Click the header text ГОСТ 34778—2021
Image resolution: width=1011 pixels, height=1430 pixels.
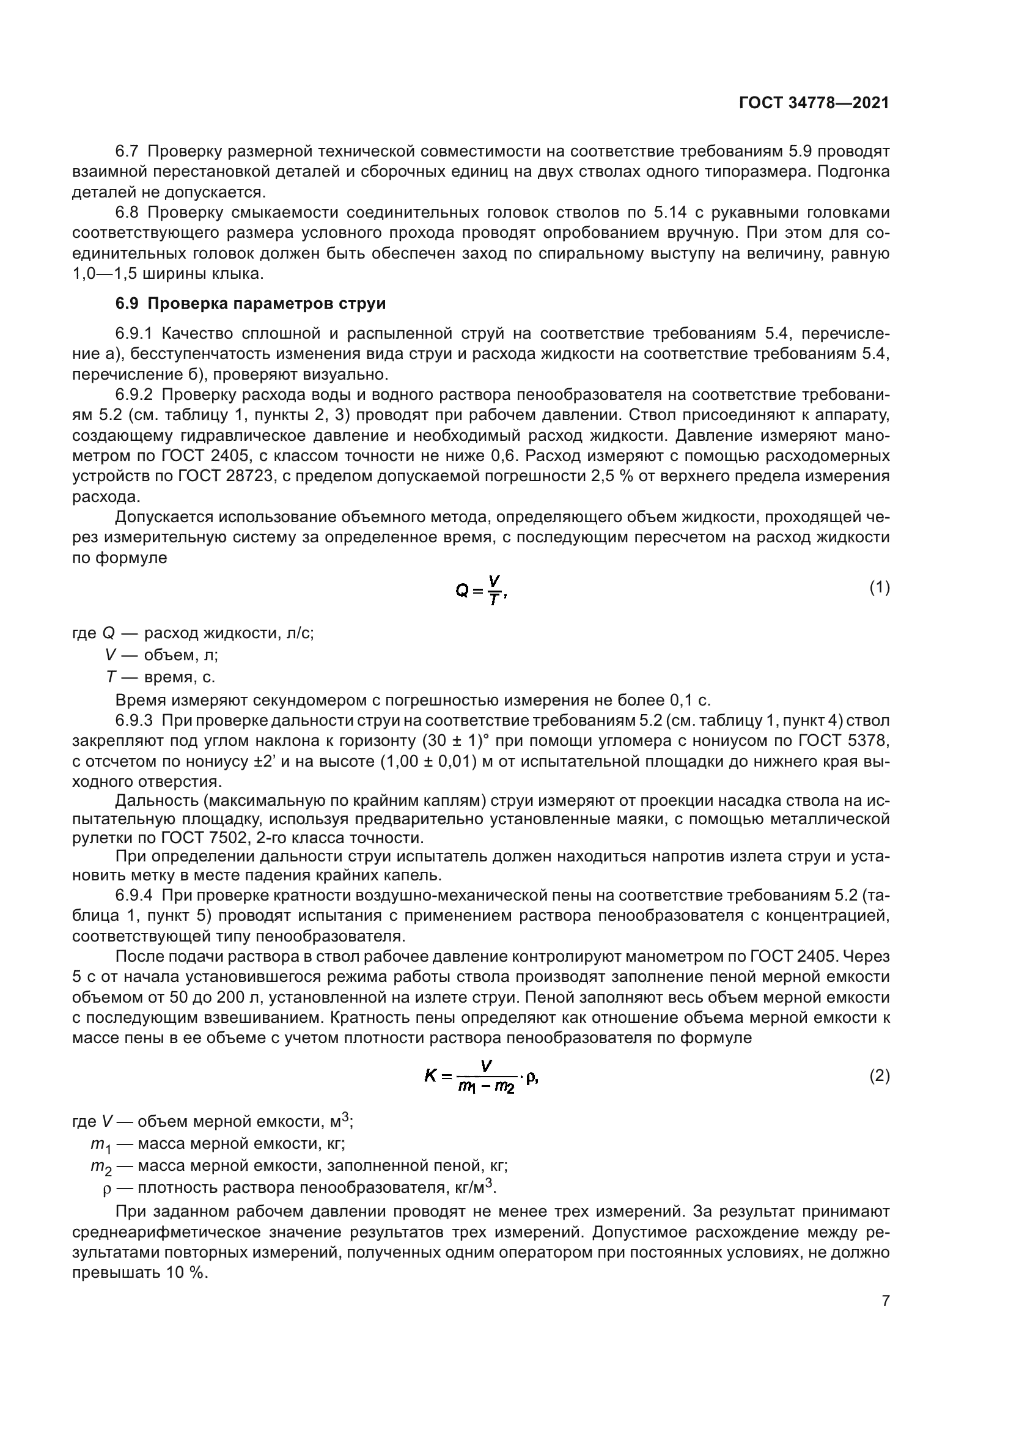814,103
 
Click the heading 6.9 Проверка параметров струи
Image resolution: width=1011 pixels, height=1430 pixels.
250,303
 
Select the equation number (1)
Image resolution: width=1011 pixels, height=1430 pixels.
879,588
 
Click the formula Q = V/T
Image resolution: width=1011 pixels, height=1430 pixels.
481,590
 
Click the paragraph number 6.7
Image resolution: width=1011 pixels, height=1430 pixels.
127,152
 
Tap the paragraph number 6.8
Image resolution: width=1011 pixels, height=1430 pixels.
127,213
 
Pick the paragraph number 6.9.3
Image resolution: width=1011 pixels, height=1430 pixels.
134,721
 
